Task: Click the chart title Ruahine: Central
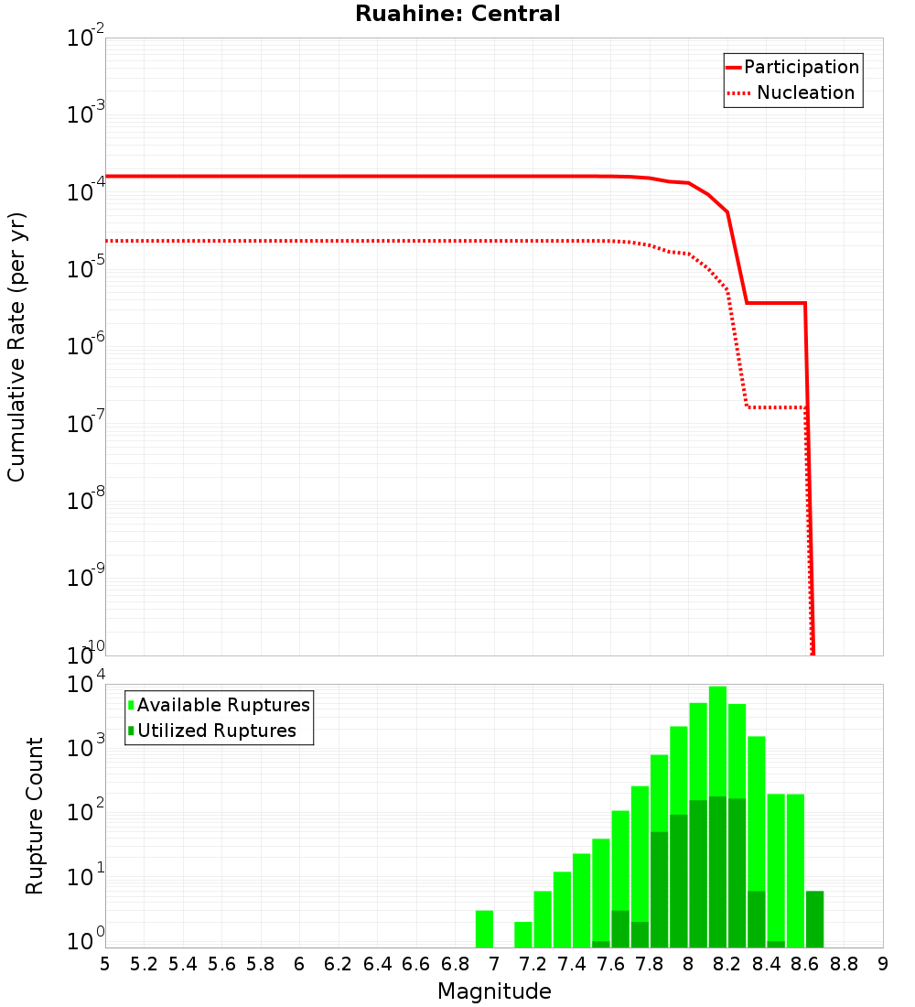tap(457, 14)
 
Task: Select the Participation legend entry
tap(801, 68)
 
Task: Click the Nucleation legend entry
tap(805, 93)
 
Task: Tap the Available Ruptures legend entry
tap(223, 705)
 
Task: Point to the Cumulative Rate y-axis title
tap(16, 346)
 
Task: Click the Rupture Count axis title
tap(35, 816)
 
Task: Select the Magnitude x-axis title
tap(494, 991)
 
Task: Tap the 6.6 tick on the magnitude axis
tap(416, 964)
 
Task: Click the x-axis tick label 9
tap(883, 964)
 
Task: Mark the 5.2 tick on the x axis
tap(144, 964)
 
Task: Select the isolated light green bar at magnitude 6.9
tap(484, 929)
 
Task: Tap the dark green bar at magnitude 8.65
tap(814, 919)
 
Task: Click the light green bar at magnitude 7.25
tap(543, 919)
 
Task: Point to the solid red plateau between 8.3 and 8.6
tap(776, 303)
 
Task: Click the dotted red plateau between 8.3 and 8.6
tap(776, 407)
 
